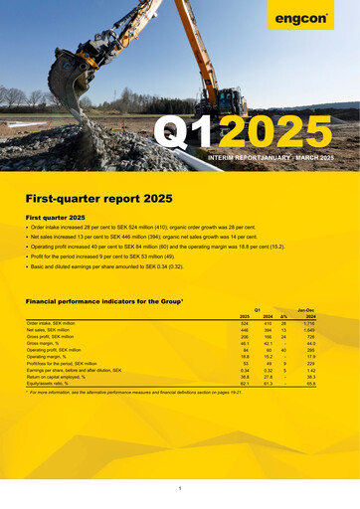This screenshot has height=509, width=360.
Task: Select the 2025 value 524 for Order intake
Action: pyautogui.click(x=244, y=323)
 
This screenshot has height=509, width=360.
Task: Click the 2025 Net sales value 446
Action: pyautogui.click(x=244, y=330)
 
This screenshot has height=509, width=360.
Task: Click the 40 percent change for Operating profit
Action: pyautogui.click(x=283, y=350)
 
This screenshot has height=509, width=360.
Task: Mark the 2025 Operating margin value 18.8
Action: pyautogui.click(x=244, y=357)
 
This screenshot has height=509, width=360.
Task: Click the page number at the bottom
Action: pyautogui.click(x=180, y=489)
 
